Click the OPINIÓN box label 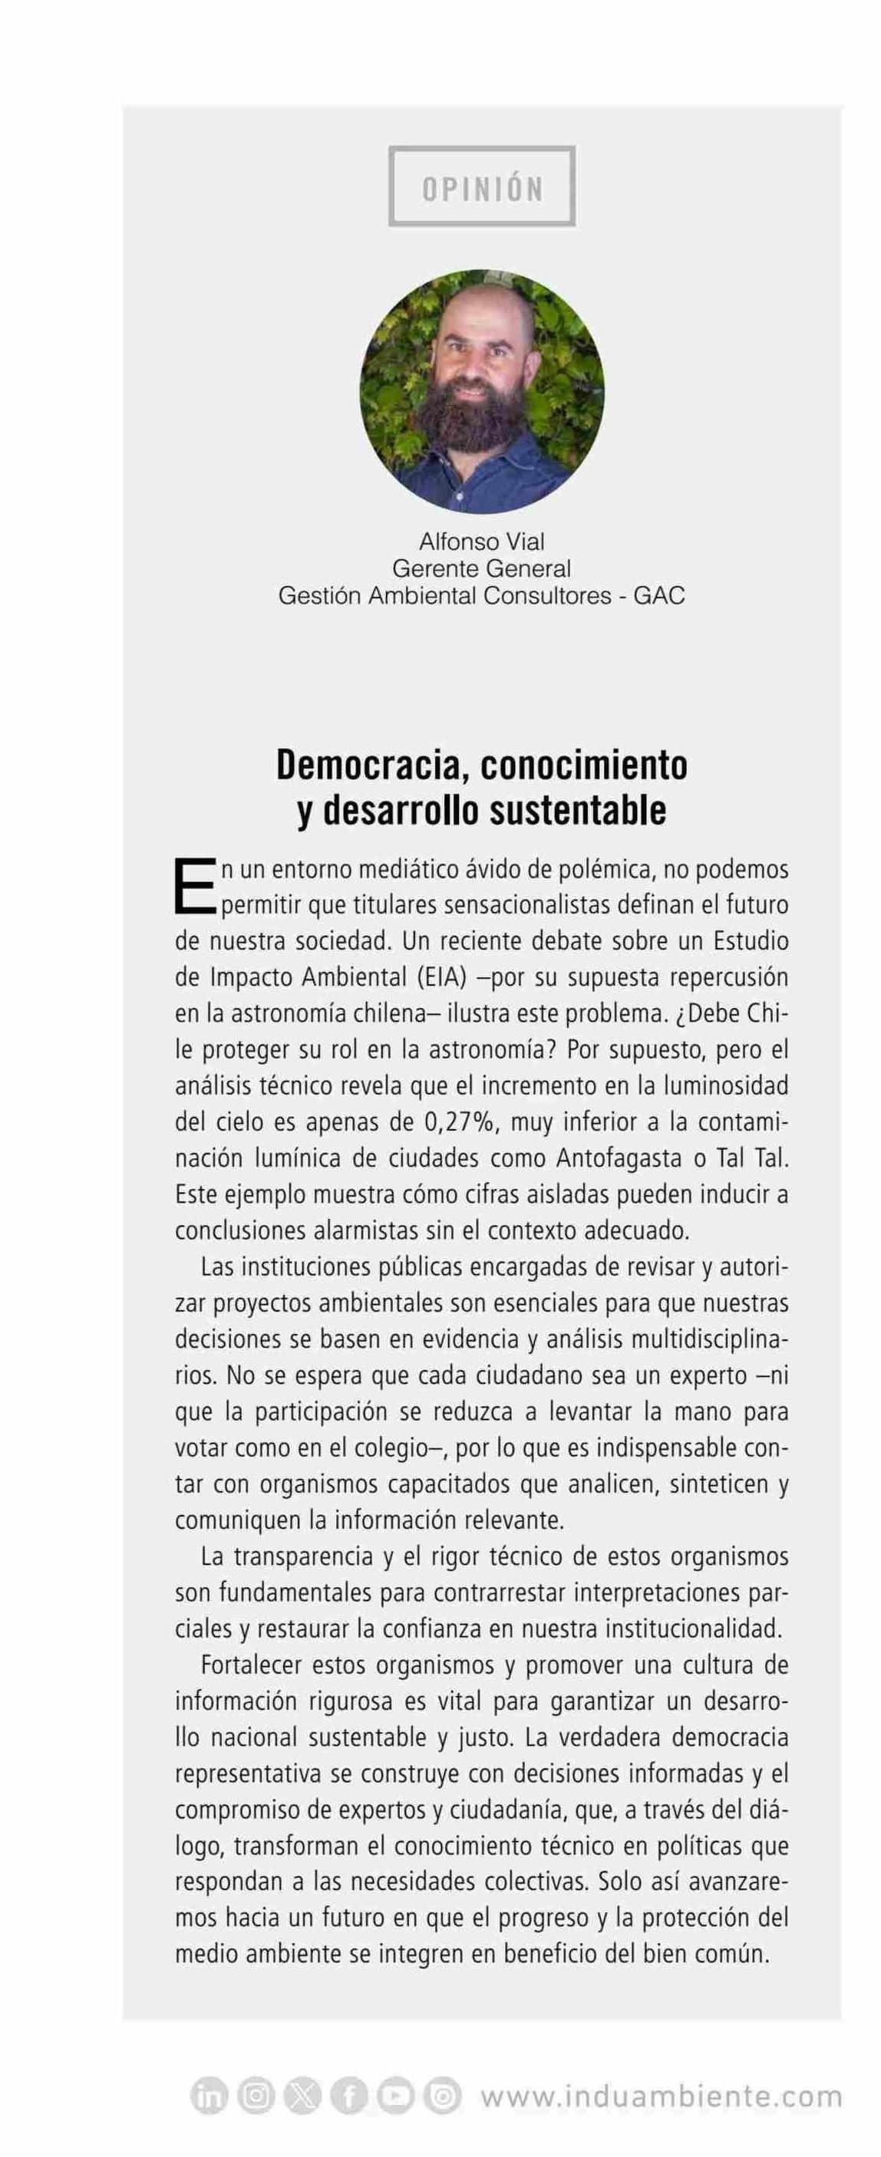483,188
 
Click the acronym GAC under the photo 659,596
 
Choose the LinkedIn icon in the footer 210,2096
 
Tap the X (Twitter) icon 302,2096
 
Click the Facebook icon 348,2096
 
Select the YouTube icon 394,2096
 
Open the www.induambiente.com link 661,2096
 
